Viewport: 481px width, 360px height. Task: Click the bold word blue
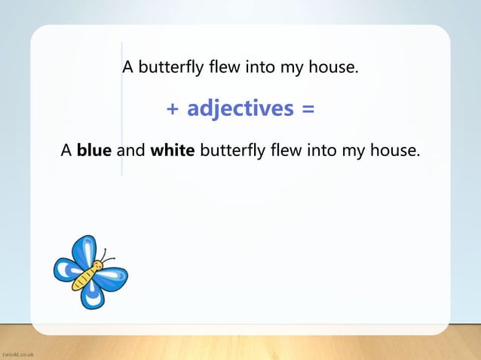click(x=94, y=151)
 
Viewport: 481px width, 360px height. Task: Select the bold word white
click(x=173, y=151)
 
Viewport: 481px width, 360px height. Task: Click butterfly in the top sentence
click(x=167, y=70)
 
